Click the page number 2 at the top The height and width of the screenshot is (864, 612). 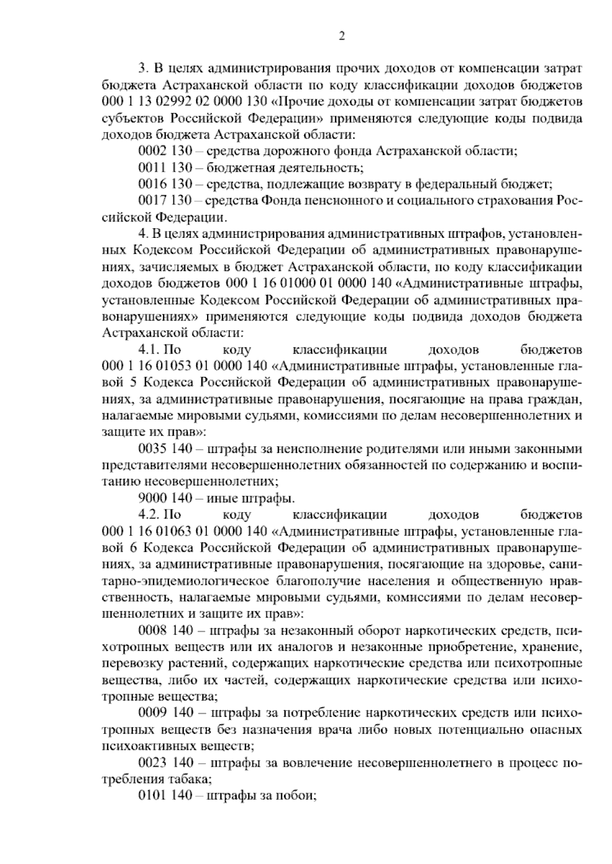[x=341, y=36]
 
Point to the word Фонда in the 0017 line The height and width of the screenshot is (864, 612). [x=280, y=201]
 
